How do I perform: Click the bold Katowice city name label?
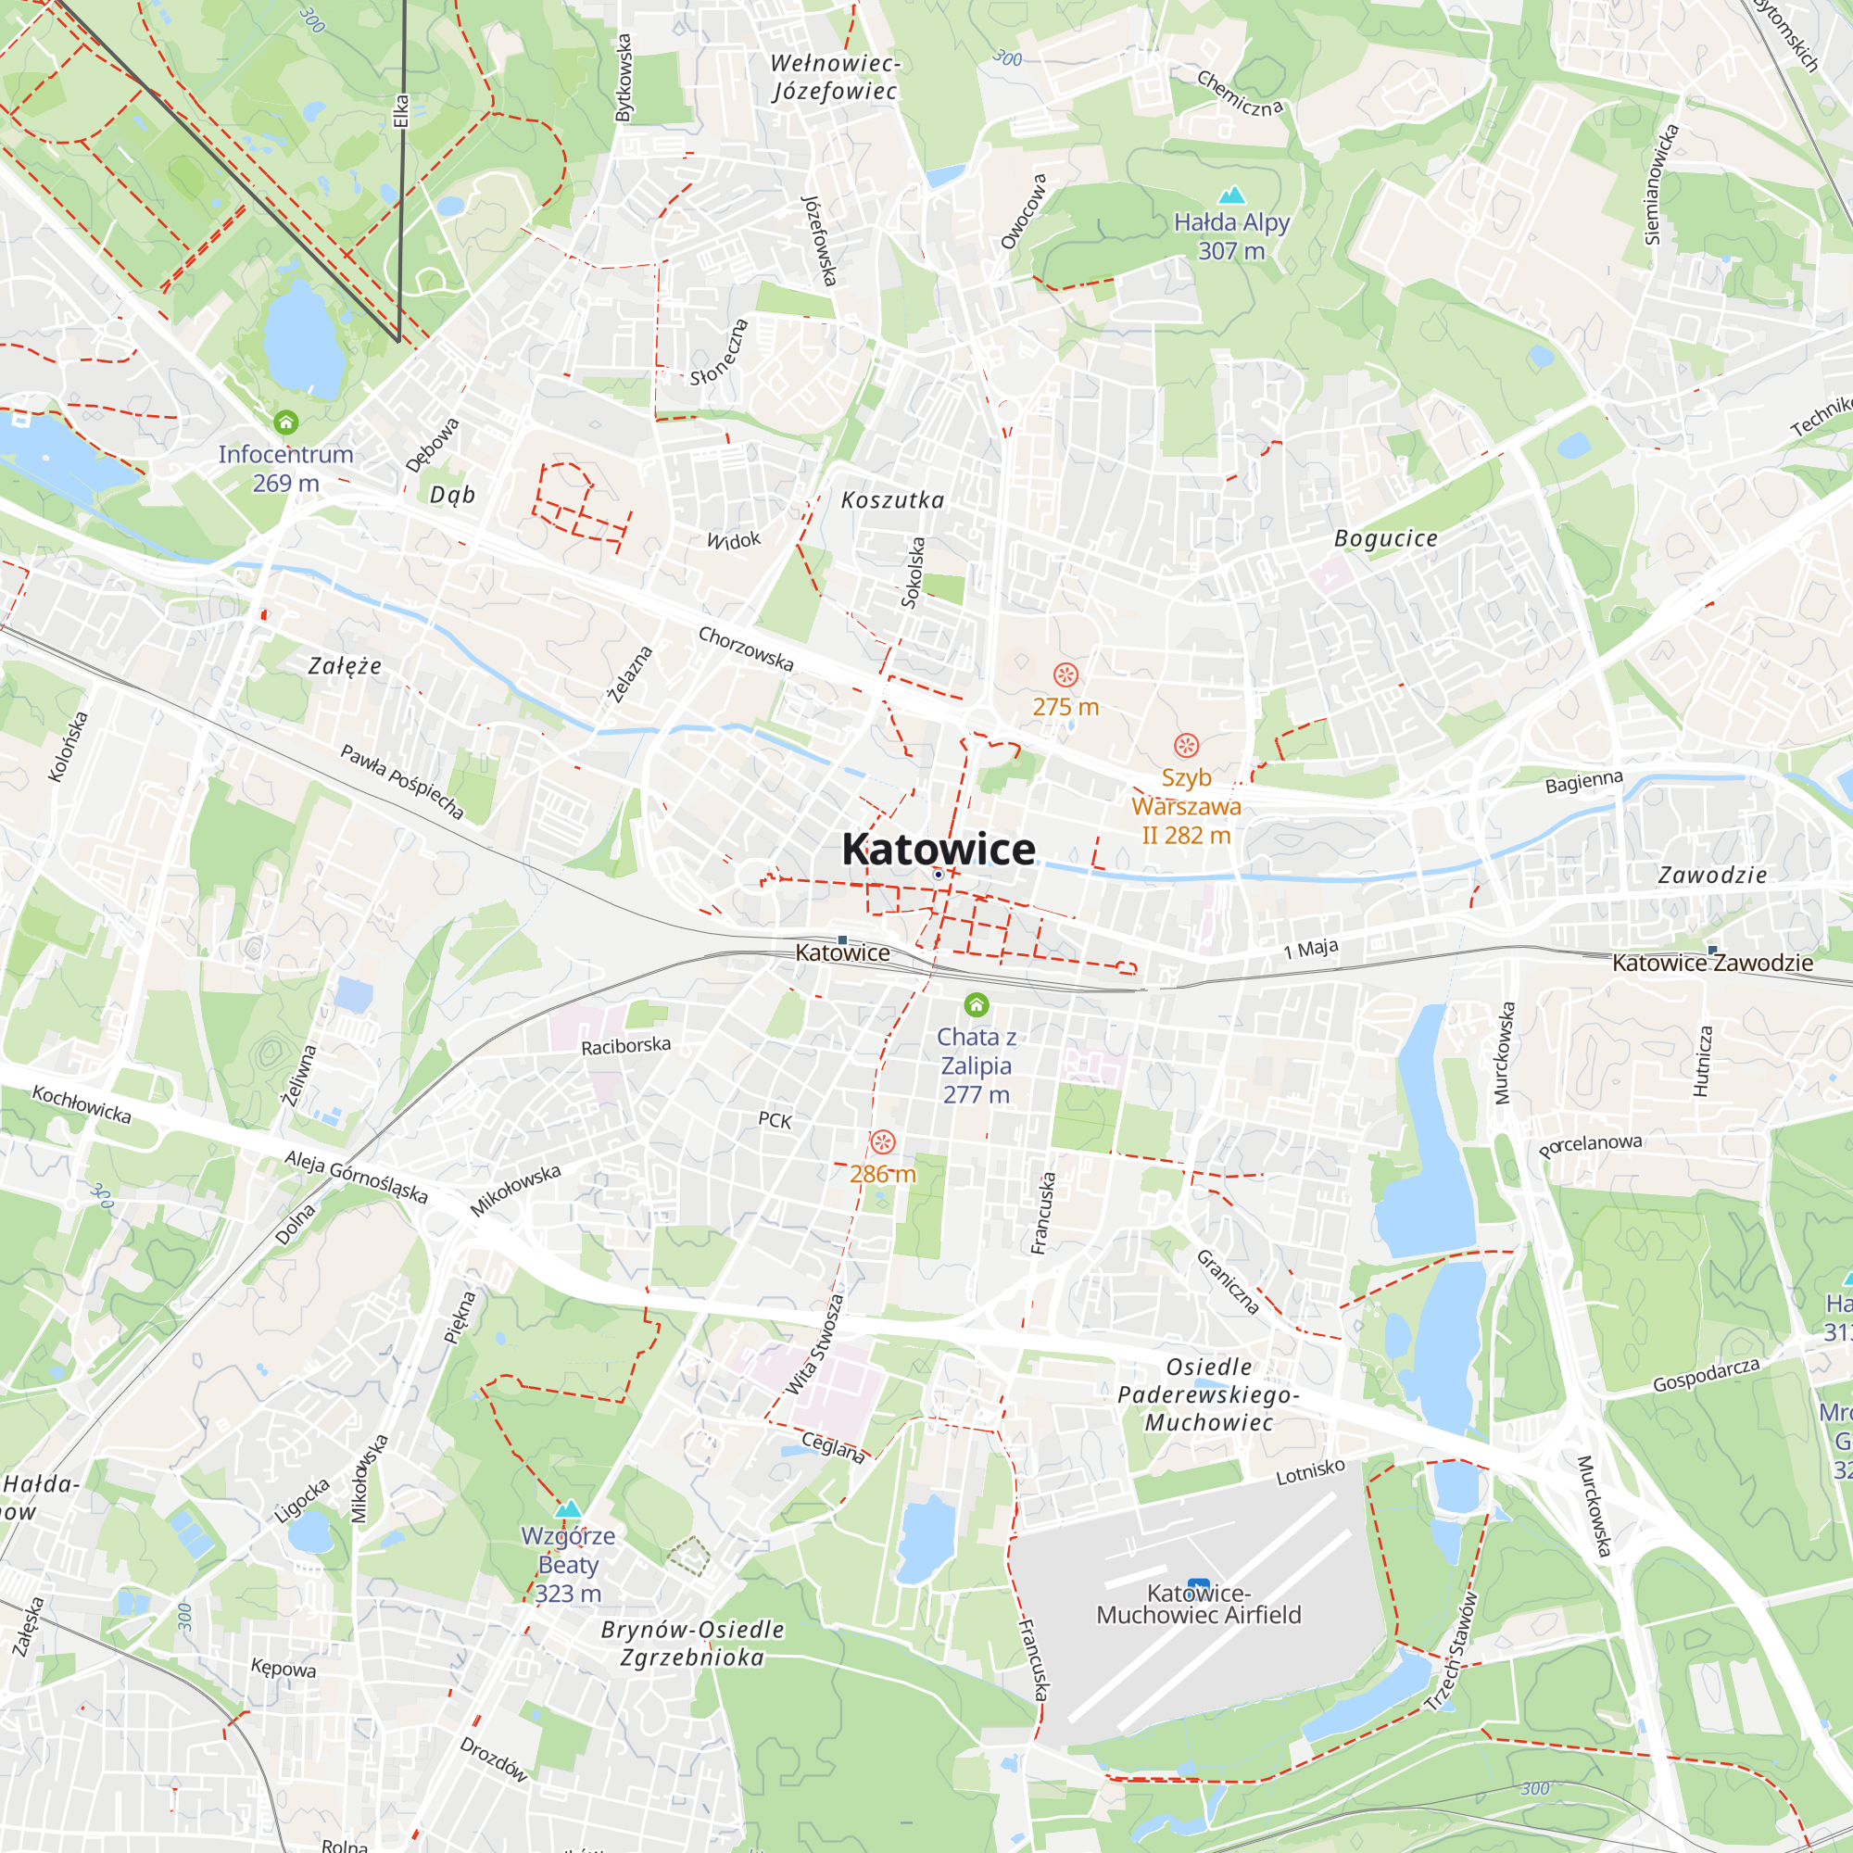[x=938, y=850]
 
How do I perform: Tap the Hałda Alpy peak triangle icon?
[x=1230, y=195]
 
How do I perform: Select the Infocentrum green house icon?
[x=285, y=422]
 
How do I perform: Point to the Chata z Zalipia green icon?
[x=977, y=1005]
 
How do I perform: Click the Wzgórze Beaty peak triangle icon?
[x=569, y=1508]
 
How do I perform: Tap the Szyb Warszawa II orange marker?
[x=1187, y=746]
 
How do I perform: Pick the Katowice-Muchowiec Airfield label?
[x=1198, y=1605]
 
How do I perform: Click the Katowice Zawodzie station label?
[x=1712, y=963]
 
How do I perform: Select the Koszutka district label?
[x=892, y=499]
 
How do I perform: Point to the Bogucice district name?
[x=1386, y=539]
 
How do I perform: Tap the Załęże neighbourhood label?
[x=345, y=665]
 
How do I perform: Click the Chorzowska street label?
[x=745, y=649]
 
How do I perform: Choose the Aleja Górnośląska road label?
[x=356, y=1177]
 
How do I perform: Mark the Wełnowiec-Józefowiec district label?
[x=836, y=78]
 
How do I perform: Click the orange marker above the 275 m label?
[x=1065, y=675]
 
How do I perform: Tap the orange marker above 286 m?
[x=882, y=1142]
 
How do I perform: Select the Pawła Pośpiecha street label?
[x=402, y=783]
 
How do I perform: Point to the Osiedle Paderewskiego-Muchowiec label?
[x=1208, y=1394]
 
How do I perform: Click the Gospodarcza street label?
[x=1707, y=1375]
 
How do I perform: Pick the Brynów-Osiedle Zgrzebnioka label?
[x=692, y=1643]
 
